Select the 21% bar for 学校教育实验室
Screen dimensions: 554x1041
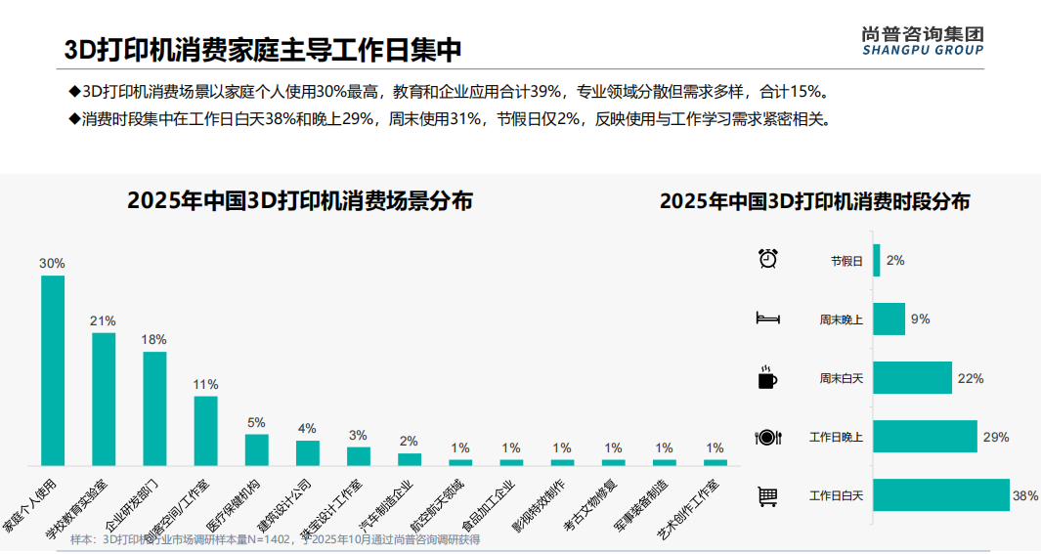click(104, 399)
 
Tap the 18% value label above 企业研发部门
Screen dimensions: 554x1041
click(154, 339)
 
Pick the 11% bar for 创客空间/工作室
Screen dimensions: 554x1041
click(205, 430)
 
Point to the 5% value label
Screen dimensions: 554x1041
click(256, 422)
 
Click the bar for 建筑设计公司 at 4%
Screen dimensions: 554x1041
click(307, 452)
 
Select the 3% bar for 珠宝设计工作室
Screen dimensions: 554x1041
click(359, 455)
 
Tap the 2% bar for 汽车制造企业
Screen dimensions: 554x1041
click(410, 458)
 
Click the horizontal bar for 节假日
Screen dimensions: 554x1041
click(877, 261)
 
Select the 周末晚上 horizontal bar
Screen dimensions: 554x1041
click(889, 320)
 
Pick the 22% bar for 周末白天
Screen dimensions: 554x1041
click(912, 378)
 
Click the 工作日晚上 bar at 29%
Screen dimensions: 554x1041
click(925, 437)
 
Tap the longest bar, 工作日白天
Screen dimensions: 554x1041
click(940, 495)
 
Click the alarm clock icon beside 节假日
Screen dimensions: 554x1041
click(768, 259)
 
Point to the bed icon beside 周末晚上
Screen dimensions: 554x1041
click(767, 319)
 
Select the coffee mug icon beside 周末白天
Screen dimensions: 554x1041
click(768, 377)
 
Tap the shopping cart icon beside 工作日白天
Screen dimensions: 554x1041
click(768, 496)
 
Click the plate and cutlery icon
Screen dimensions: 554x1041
click(768, 437)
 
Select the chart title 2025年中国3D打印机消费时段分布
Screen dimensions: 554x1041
click(814, 202)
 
